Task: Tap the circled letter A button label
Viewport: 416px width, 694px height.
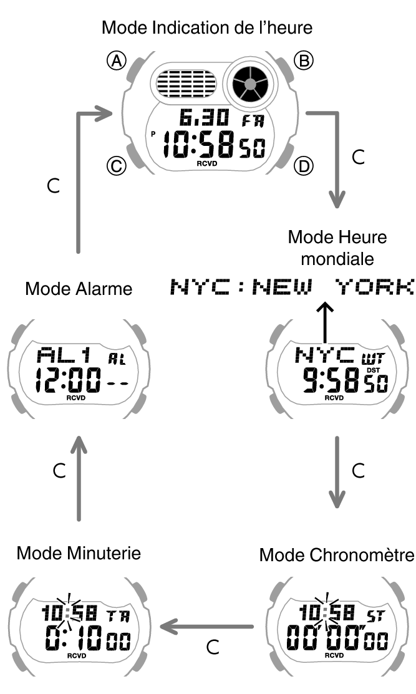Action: (117, 60)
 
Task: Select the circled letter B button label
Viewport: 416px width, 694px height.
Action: (304, 60)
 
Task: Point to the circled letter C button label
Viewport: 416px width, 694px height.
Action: (117, 166)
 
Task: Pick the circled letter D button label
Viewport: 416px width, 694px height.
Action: (304, 166)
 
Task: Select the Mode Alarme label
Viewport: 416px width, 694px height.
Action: (79, 289)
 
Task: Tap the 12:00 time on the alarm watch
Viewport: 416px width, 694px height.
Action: (67, 380)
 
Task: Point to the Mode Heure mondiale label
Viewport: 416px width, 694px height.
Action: (337, 248)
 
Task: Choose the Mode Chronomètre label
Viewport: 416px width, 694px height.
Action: (337, 554)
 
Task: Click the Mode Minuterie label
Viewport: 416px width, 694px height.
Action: (79, 553)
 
